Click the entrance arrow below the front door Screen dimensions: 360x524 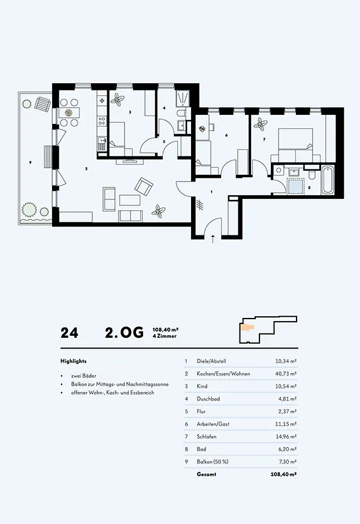213,239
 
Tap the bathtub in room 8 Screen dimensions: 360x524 328,180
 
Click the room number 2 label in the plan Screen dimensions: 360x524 86,169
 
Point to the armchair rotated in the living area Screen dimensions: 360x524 144,187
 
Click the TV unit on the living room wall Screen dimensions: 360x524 130,162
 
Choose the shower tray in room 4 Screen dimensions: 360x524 183,98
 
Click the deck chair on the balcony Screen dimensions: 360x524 43,104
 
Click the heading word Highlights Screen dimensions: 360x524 74,361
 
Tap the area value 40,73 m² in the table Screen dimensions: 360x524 286,374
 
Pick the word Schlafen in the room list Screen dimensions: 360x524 207,437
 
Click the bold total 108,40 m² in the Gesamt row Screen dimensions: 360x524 283,474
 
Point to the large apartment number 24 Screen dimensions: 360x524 69,333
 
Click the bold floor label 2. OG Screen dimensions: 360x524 124,332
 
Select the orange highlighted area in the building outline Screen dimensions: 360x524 247,328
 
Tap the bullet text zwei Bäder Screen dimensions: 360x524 84,376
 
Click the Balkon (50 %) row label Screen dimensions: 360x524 213,462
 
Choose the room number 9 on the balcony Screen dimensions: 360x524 31,162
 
